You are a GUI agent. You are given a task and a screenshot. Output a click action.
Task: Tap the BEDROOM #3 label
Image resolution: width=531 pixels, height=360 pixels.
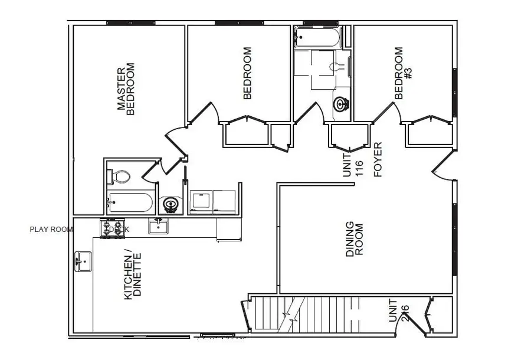point(404,73)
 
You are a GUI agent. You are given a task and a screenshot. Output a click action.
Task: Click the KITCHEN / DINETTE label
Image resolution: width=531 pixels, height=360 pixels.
point(133,276)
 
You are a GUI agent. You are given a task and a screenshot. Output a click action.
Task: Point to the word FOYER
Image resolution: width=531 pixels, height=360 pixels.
point(378,160)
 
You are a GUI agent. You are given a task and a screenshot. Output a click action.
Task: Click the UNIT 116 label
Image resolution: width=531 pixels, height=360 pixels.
point(353,163)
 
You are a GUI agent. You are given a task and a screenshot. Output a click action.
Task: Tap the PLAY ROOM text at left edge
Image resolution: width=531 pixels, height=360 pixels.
point(51,230)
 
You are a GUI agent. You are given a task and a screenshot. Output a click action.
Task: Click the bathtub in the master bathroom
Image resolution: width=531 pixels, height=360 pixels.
point(130,203)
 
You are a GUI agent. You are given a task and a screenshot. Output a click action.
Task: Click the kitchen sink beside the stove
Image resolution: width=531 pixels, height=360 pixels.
point(158,225)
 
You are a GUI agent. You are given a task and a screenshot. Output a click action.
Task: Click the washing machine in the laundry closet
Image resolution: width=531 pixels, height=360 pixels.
point(201,201)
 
